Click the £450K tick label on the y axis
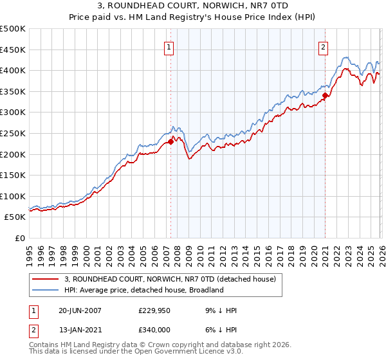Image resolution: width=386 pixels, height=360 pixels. (13, 50)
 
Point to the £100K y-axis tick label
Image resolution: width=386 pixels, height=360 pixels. (13, 196)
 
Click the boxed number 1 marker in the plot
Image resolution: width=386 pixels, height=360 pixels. (169, 46)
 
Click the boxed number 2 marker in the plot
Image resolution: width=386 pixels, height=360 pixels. (323, 46)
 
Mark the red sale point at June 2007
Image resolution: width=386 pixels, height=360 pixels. (170, 141)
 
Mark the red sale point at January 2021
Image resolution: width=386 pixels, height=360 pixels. (325, 96)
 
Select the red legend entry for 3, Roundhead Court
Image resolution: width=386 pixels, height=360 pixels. (170, 279)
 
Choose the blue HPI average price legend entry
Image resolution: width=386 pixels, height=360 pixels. (143, 290)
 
